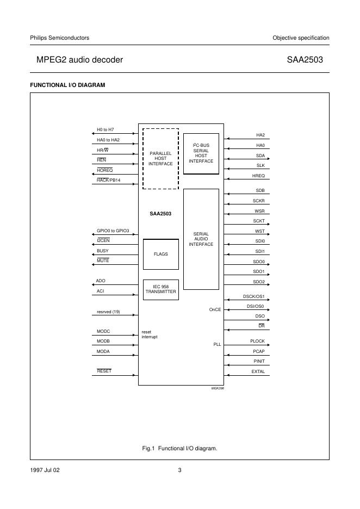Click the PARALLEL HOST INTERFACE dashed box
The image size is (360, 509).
click(x=160, y=158)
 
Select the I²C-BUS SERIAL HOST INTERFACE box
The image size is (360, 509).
click(x=201, y=153)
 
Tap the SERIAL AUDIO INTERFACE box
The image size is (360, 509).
click(x=201, y=239)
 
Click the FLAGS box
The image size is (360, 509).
click(x=160, y=254)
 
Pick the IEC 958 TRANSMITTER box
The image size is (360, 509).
click(x=160, y=289)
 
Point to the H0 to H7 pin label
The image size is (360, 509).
click(x=105, y=130)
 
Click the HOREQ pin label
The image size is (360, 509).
click(x=105, y=170)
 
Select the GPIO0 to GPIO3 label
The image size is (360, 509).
click(x=113, y=231)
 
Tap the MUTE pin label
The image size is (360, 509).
click(x=103, y=260)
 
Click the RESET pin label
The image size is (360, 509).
click(x=104, y=371)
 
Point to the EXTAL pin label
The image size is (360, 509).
click(x=258, y=371)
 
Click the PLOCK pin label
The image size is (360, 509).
click(x=257, y=341)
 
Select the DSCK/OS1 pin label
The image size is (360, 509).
click(x=253, y=296)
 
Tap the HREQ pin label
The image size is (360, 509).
click(x=258, y=175)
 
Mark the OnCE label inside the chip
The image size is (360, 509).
click(x=215, y=309)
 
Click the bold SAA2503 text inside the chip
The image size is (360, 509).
click(x=160, y=214)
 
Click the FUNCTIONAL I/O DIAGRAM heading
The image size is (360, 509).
click(x=67, y=85)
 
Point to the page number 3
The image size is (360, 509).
click(x=179, y=470)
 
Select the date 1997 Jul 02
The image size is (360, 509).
click(x=45, y=470)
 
